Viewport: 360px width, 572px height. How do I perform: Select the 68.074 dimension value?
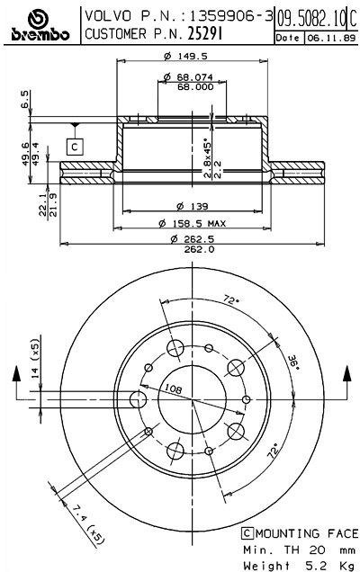coord(187,77)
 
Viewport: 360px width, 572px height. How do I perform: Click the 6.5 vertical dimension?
coord(25,98)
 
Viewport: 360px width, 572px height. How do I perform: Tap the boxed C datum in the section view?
coord(76,146)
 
